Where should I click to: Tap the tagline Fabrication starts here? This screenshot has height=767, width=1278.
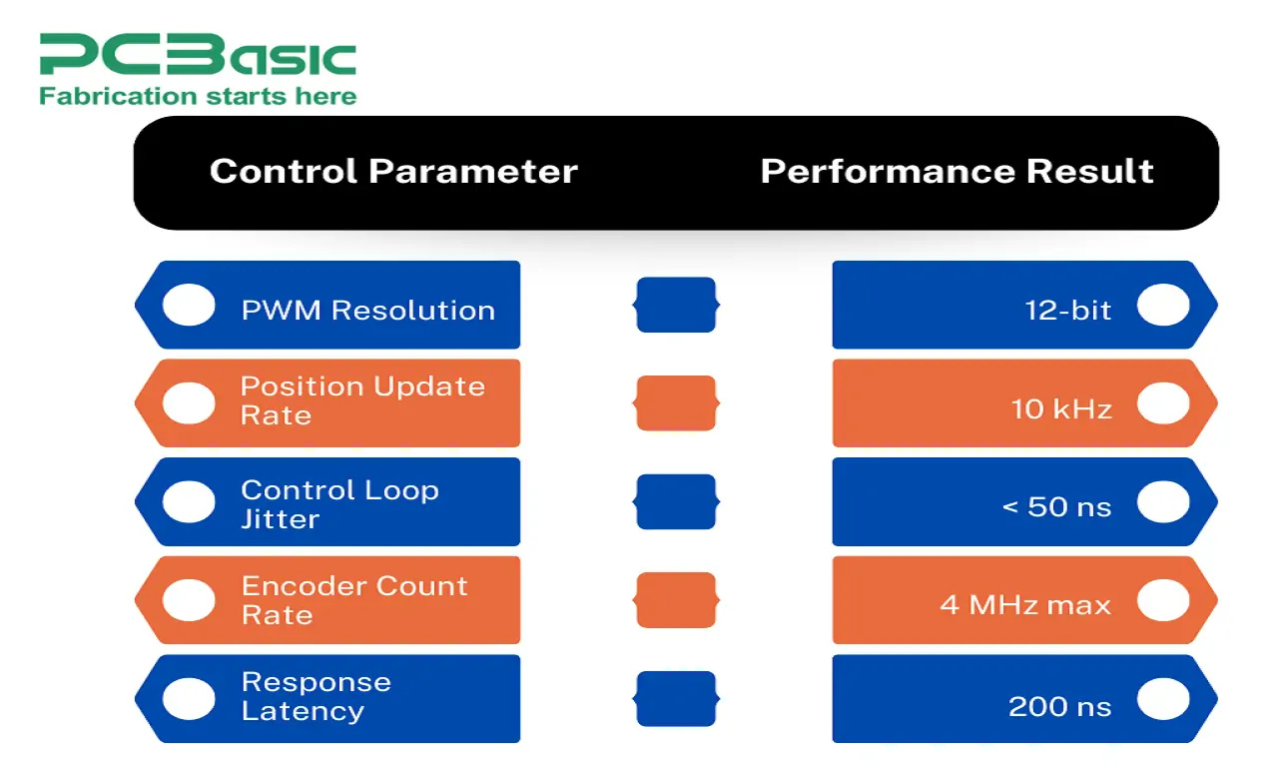tap(198, 96)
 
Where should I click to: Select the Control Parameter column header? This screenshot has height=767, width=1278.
tap(393, 172)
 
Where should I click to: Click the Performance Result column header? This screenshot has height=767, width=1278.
tap(957, 172)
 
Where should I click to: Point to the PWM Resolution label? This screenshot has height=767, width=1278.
tap(367, 310)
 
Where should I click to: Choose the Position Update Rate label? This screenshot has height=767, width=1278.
tap(362, 400)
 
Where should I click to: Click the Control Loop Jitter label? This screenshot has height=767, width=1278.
tap(339, 504)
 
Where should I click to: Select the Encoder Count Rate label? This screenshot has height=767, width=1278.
tap(353, 600)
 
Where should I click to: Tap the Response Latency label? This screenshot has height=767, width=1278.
tap(316, 696)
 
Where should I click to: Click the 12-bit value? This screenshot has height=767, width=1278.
tap(1067, 310)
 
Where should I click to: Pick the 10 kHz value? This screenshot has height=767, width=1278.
tap(1061, 408)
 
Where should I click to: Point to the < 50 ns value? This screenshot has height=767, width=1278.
tap(1056, 506)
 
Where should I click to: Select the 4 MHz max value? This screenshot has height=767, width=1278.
tap(1025, 604)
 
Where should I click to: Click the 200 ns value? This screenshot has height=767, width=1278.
tap(1059, 707)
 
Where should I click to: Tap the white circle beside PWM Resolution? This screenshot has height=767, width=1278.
tap(189, 305)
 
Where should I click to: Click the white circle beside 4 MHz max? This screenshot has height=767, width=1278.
tap(1163, 600)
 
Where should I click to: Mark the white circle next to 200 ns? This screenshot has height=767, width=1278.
tap(1163, 699)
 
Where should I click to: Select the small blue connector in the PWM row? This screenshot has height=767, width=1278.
tap(676, 305)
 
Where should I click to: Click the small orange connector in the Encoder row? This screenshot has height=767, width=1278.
tap(676, 600)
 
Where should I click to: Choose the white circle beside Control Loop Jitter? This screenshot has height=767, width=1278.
tap(189, 501)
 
